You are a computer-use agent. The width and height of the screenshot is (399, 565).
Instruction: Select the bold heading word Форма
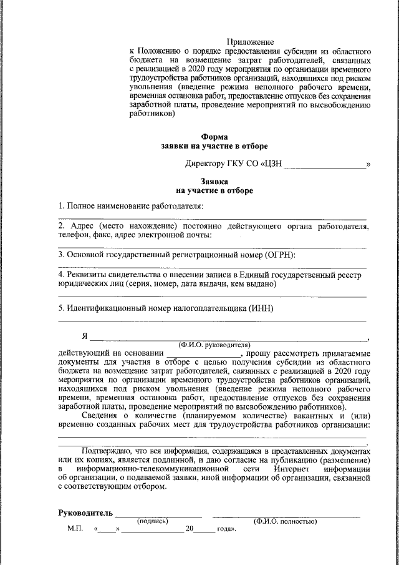(214, 136)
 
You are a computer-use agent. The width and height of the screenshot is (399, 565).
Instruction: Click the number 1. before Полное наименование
(61, 205)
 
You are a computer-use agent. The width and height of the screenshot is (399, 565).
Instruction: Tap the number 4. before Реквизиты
(61, 274)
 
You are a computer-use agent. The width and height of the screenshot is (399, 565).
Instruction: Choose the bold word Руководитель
(85, 514)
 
